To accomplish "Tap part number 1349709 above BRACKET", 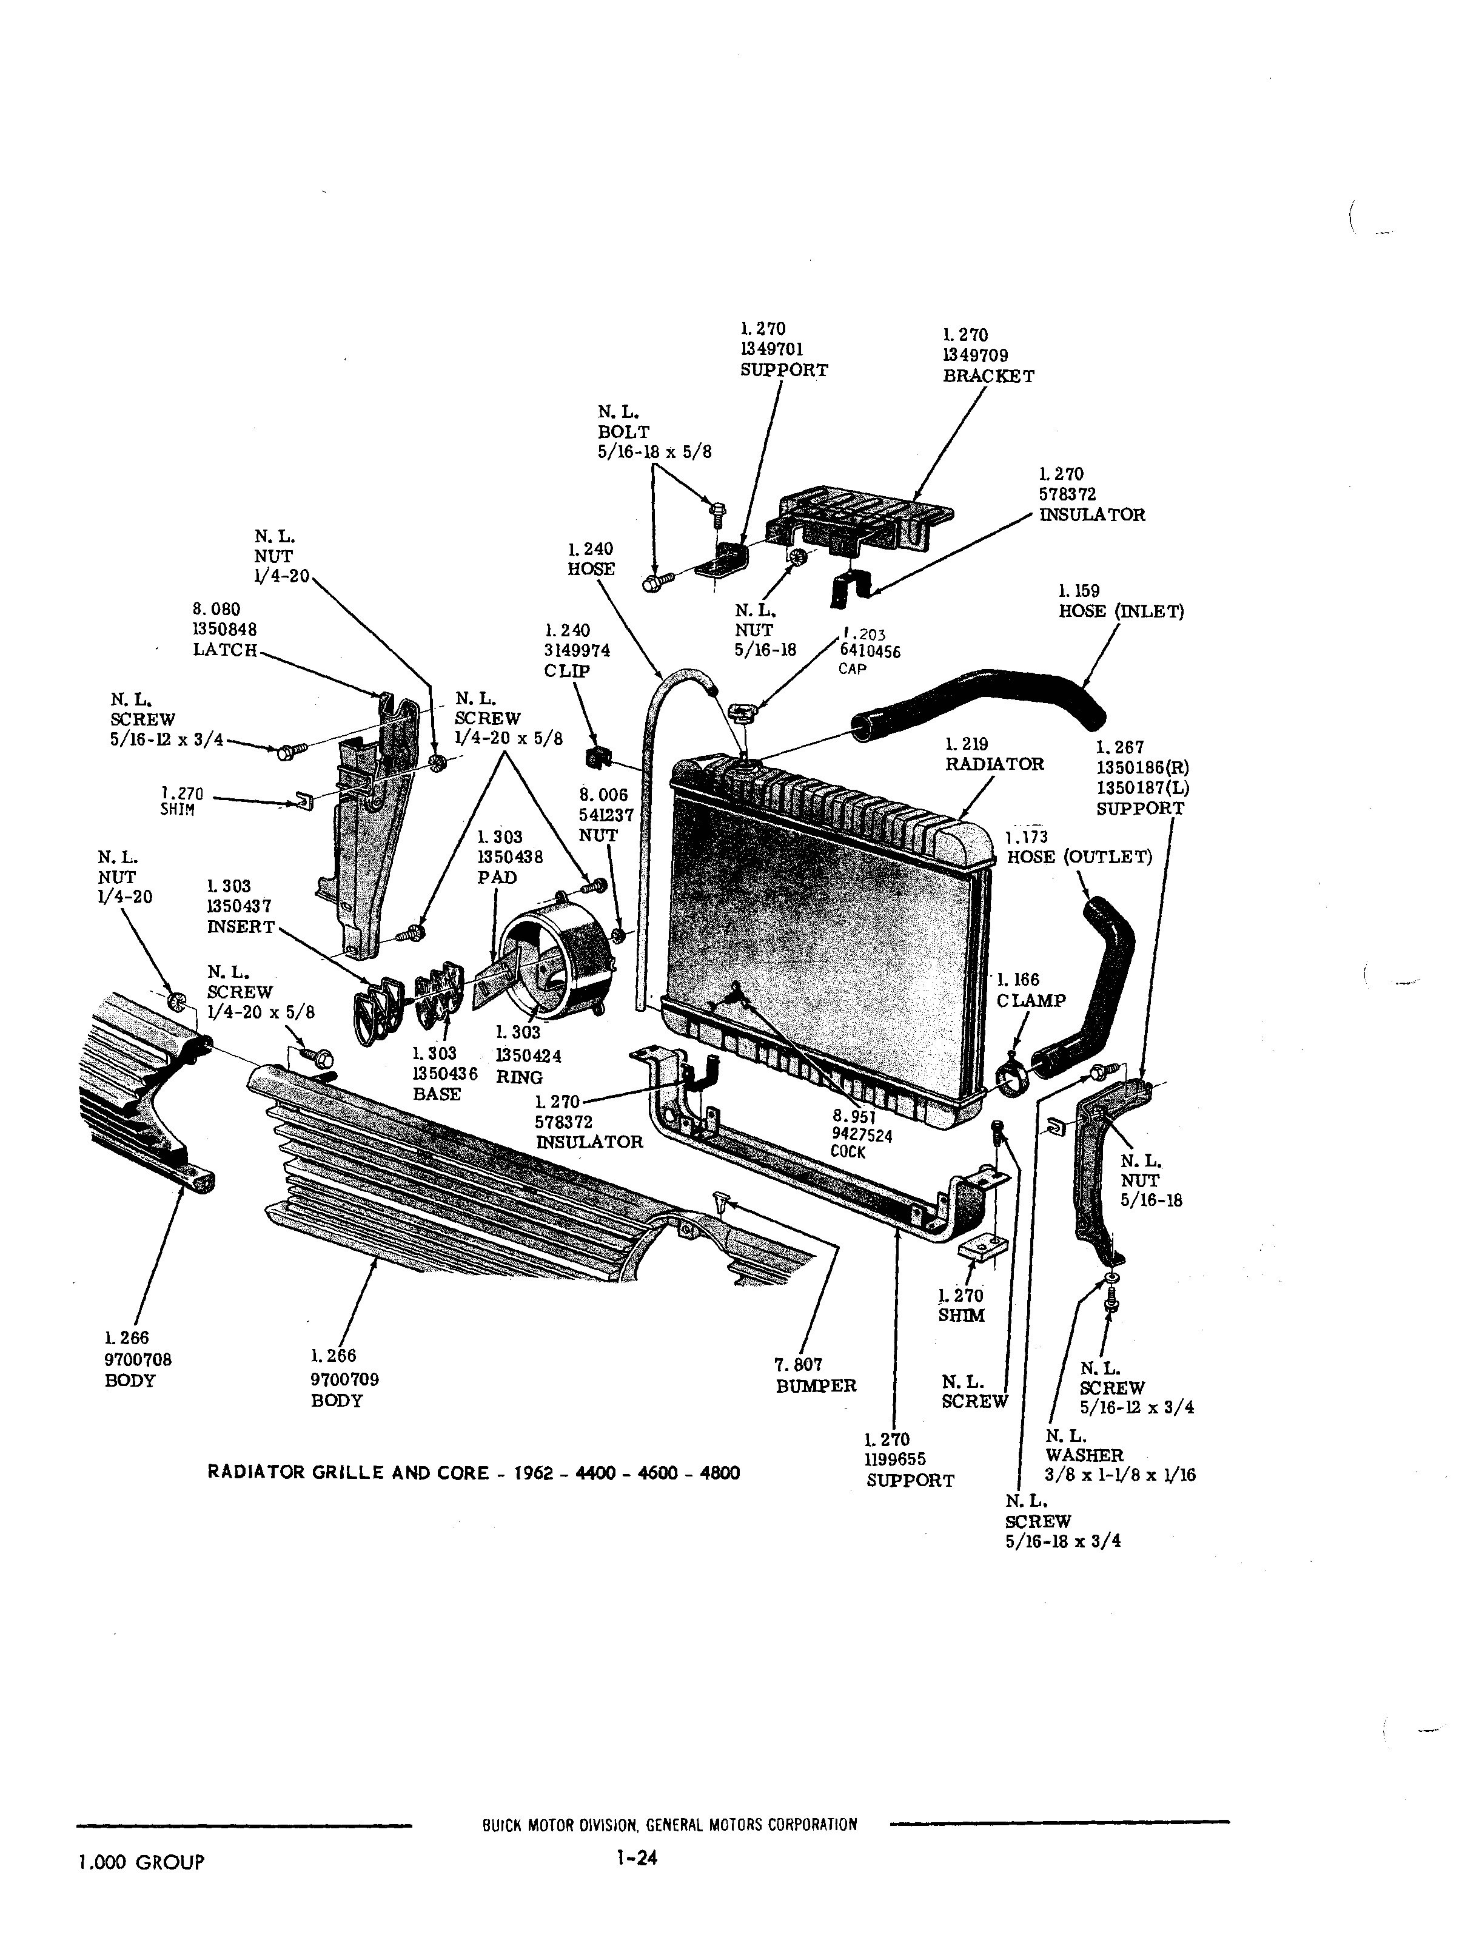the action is click(x=975, y=355).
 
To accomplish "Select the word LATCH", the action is click(x=224, y=650).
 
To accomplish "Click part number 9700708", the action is click(x=138, y=1359).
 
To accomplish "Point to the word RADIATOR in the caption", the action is click(x=255, y=1472).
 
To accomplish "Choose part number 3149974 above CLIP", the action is click(x=577, y=651).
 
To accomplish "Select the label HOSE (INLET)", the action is click(x=1121, y=611).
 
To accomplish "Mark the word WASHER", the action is click(x=1084, y=1456).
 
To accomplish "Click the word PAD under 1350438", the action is click(x=497, y=878).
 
